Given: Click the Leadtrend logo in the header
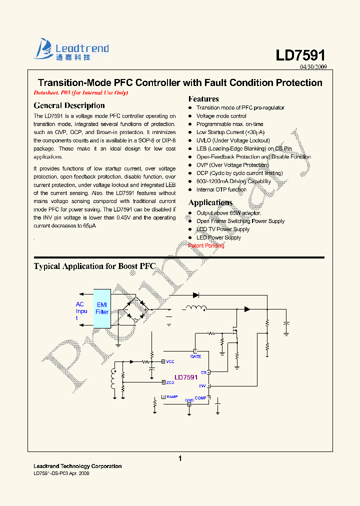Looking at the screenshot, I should [71, 50].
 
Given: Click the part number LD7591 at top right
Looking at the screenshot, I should [300, 55].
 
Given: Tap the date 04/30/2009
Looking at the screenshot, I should [313, 67].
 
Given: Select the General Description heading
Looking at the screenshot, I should [69, 105].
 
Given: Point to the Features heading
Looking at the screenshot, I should [203, 99].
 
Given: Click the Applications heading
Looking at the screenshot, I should [210, 202].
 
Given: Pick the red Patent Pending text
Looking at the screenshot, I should [206, 245].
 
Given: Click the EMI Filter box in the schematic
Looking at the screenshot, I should [102, 308].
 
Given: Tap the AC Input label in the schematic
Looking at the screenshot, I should [80, 311].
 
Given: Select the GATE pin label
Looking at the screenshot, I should [195, 356].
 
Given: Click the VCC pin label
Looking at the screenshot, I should [170, 361].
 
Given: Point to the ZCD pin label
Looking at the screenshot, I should [170, 382].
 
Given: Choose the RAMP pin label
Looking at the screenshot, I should [172, 396].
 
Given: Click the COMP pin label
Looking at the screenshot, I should [200, 398].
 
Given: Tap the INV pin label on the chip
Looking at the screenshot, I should [202, 386].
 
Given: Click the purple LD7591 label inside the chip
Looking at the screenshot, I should [186, 377].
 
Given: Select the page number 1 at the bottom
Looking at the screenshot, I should [180, 458].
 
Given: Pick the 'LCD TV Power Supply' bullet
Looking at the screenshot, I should [222, 229].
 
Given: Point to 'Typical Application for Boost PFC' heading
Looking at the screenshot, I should [94, 266].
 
